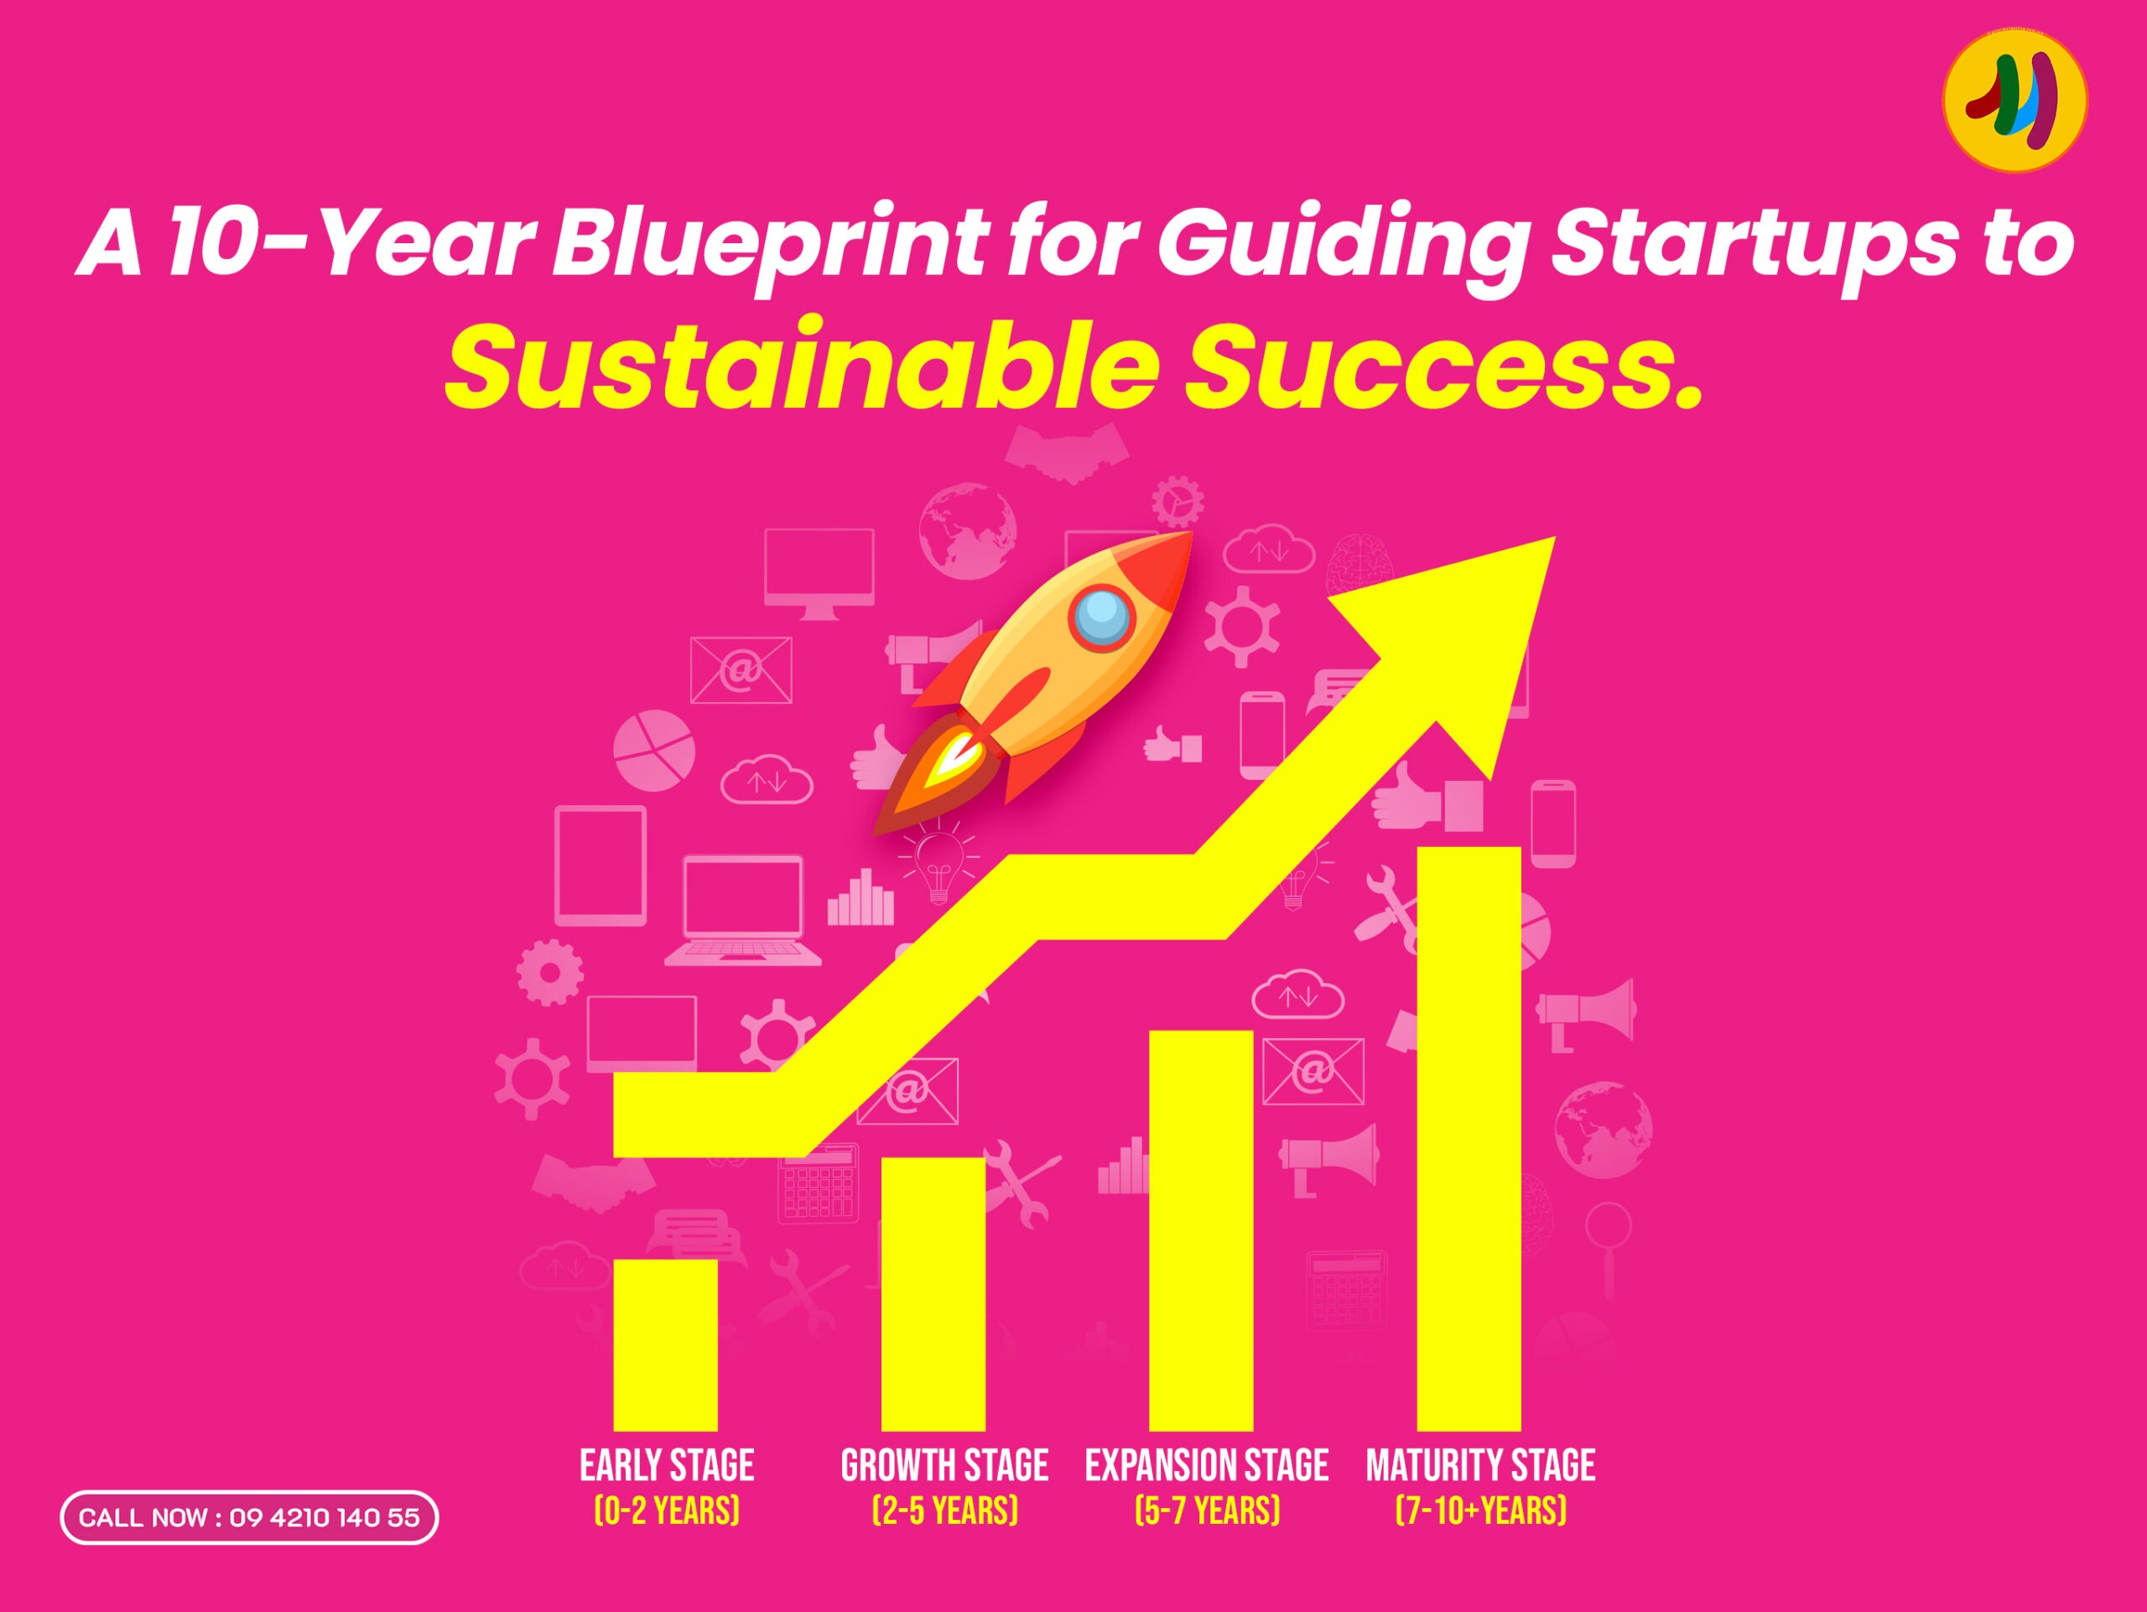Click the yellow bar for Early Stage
(665, 1344)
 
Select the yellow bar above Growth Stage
(933, 1293)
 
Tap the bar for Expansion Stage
(1201, 1230)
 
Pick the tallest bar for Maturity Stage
(1469, 1138)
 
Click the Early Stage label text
(667, 1465)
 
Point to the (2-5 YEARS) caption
(945, 1511)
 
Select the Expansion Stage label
(1207, 1465)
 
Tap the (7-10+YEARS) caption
(1480, 1511)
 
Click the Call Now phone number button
(249, 1518)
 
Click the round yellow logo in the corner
(2015, 100)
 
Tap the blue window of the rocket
(1102, 618)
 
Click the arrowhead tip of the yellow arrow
(1555, 537)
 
